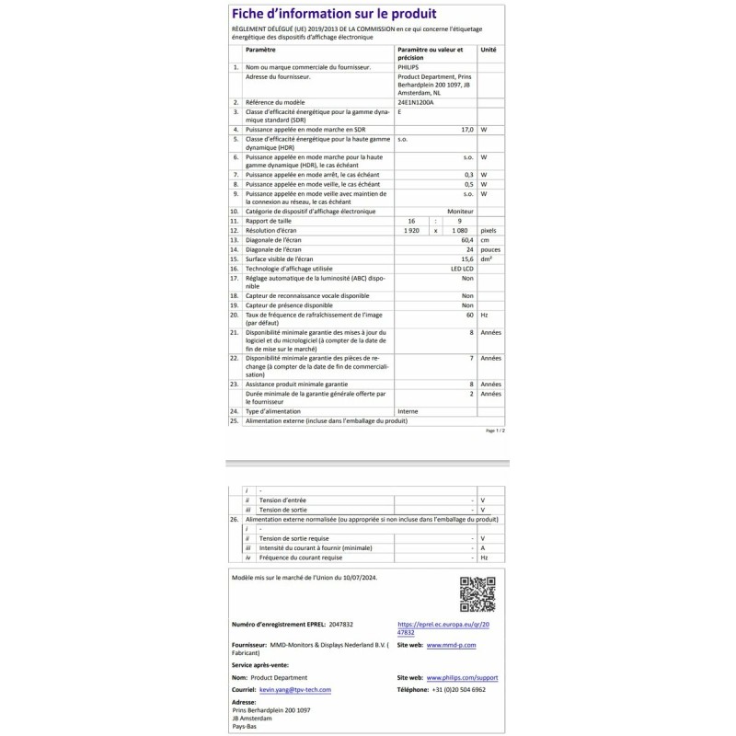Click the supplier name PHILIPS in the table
click(407, 67)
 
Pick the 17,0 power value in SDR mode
click(466, 130)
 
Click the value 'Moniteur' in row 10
click(460, 211)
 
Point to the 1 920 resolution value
click(411, 230)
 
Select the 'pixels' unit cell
click(489, 230)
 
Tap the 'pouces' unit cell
click(490, 248)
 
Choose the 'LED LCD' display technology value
click(461, 268)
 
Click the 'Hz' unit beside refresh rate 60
click(484, 314)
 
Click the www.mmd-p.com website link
click(451, 646)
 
